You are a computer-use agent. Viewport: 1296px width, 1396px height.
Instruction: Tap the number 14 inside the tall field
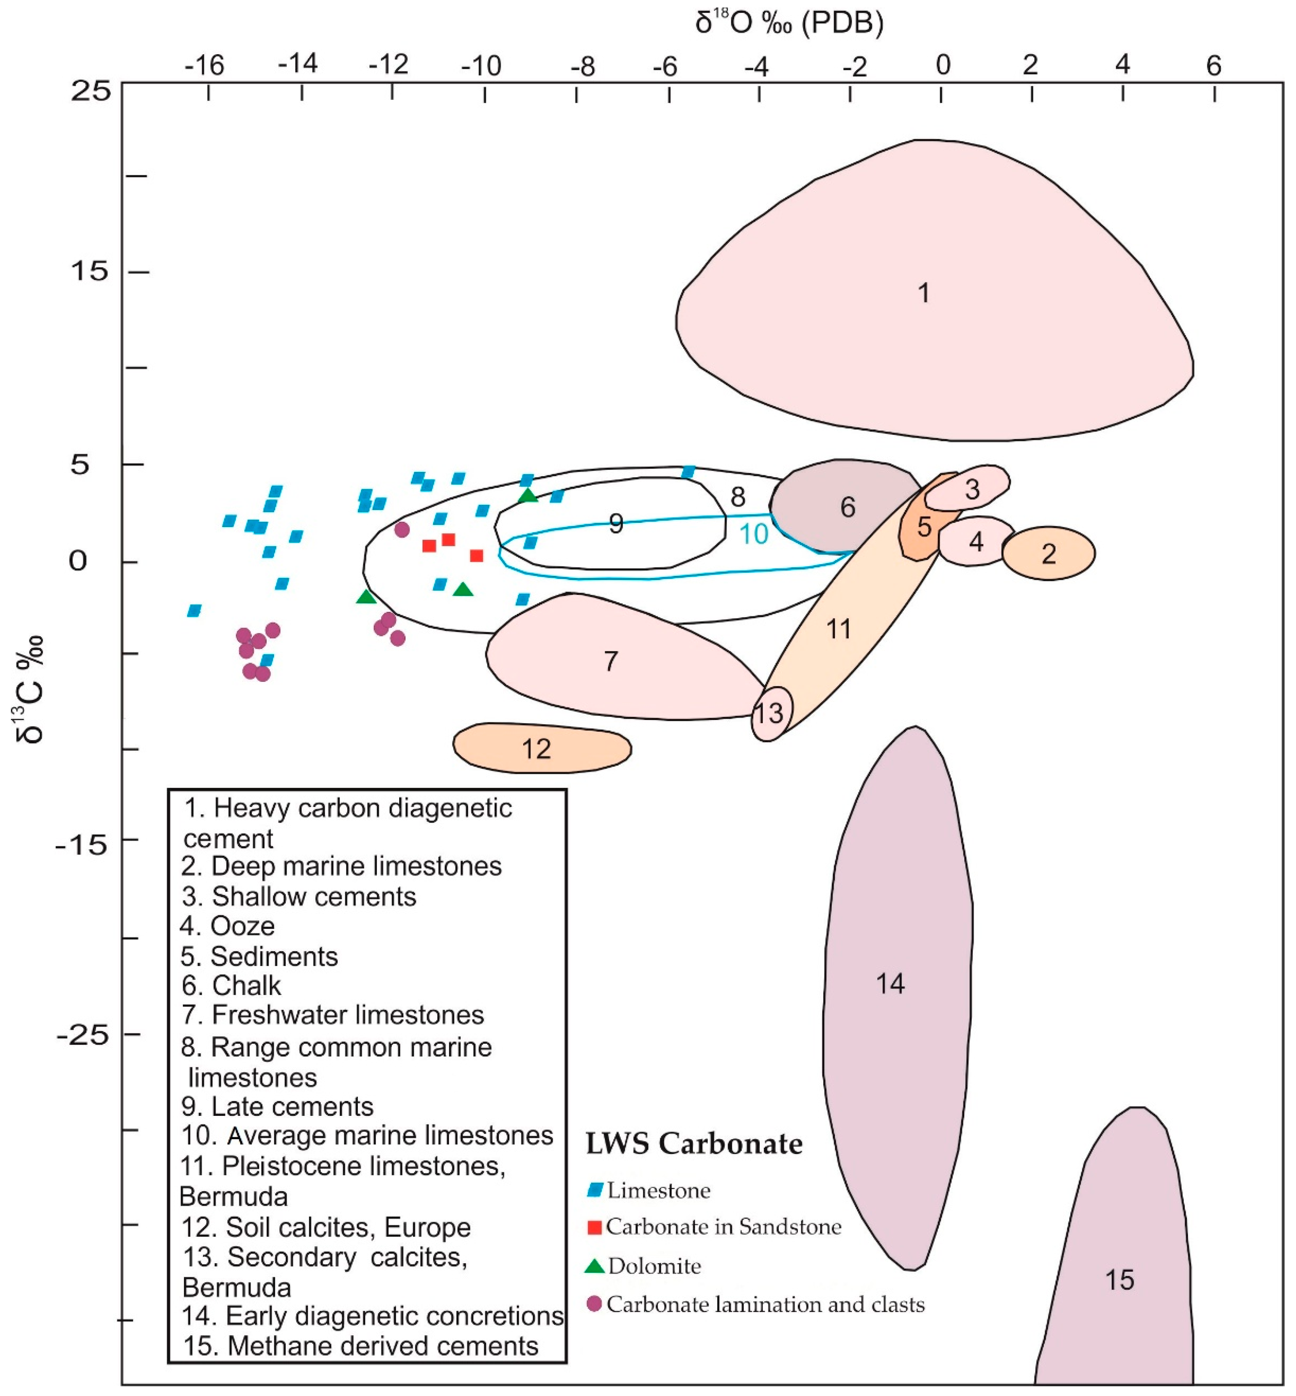point(891,984)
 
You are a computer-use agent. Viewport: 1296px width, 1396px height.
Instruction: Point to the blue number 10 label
point(754,534)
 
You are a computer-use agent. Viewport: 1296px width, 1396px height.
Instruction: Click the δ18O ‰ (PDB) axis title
point(789,23)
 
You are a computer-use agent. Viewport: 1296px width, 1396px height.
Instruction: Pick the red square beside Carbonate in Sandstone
point(594,1227)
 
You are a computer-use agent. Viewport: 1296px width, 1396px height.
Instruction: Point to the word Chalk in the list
point(246,986)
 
